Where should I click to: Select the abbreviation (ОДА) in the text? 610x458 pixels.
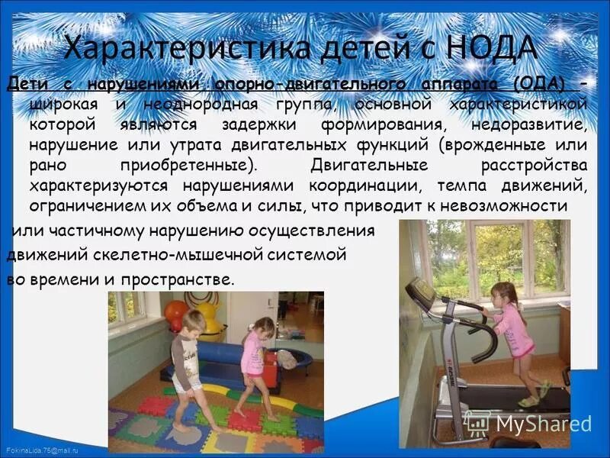pos(540,83)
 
